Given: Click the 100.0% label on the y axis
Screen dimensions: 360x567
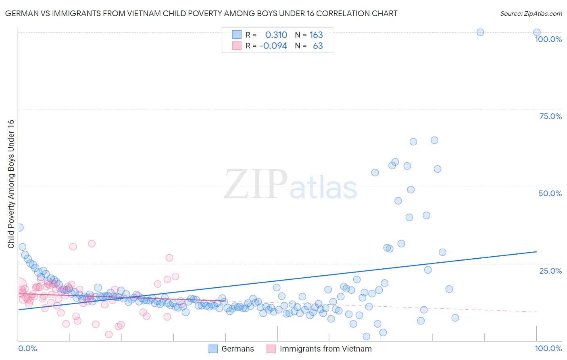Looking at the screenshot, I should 548,39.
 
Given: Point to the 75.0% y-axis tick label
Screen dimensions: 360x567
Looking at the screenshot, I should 550,116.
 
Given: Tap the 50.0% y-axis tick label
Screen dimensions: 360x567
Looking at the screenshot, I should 550,193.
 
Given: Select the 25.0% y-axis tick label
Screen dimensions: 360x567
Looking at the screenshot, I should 550,271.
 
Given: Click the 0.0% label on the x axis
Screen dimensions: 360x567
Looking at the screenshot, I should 27,348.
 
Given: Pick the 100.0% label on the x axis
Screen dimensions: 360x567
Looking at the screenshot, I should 548,348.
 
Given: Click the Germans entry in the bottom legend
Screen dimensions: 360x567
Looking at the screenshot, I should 238,349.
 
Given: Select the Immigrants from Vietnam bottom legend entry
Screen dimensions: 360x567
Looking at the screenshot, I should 325,349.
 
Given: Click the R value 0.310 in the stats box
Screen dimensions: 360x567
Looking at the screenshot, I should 276,35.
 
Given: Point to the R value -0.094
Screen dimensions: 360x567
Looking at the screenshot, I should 273,46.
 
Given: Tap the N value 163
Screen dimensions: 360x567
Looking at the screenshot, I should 316,35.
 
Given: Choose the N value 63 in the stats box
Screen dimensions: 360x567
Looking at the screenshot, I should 318,46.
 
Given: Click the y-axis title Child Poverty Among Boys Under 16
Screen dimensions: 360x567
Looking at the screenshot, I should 11,184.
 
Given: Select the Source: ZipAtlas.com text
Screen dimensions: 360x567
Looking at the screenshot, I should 531,14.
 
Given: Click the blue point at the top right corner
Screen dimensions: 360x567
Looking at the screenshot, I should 537,32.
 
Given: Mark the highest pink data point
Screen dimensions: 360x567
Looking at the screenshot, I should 92,243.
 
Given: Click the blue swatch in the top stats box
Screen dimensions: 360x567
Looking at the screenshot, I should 237,35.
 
